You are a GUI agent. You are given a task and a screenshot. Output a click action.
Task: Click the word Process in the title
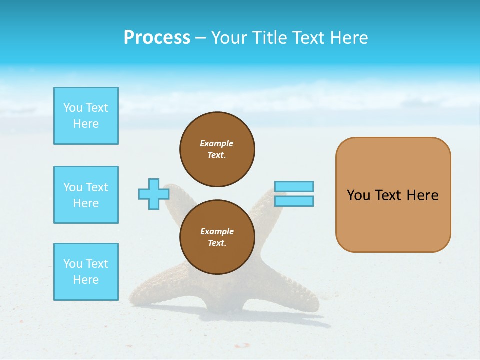tap(157, 38)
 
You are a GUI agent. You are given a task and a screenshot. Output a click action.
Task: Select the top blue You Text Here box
tap(86, 116)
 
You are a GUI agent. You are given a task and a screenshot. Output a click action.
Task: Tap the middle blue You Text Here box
tap(86, 195)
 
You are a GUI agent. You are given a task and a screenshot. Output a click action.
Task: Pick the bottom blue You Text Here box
tap(86, 272)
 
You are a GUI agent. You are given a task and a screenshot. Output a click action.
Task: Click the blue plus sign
tap(154, 194)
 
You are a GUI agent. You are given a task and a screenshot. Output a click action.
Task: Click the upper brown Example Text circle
tap(217, 149)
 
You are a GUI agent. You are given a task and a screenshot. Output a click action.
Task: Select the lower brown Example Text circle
tap(217, 237)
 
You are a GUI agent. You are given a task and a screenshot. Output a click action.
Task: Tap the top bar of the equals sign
tap(294, 186)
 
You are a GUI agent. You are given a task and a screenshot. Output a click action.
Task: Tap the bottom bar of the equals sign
tap(294, 201)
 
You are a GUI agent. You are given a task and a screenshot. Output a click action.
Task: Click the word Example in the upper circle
tap(217, 143)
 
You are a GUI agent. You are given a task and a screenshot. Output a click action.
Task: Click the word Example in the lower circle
tap(217, 231)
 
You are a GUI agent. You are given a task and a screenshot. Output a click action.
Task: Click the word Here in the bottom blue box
tap(86, 280)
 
